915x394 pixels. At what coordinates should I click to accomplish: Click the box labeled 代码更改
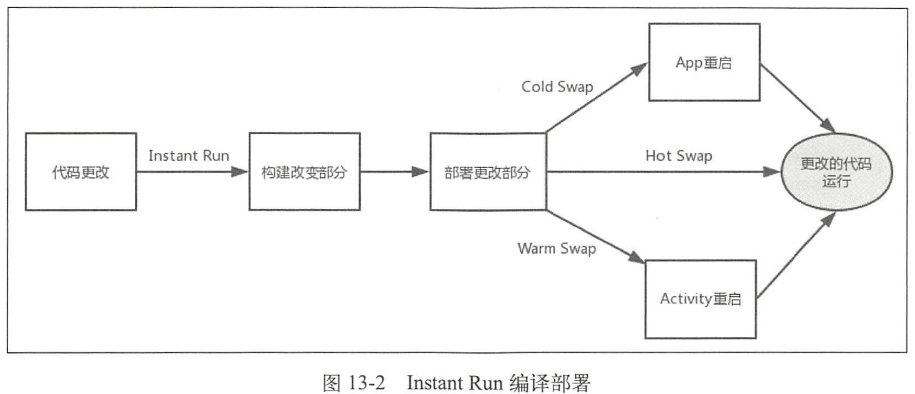tap(81, 172)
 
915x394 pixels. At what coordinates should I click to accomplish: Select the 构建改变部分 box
tap(304, 172)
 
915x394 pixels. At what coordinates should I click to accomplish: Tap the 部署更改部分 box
tap(487, 172)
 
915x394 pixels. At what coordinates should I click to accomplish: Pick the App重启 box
tap(704, 62)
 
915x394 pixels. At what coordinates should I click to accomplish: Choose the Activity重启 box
tap(700, 299)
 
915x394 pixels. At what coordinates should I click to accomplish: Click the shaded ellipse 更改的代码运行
tap(836, 172)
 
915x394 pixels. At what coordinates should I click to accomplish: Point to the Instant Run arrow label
tap(188, 155)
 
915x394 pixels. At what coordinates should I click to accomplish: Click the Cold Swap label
tap(557, 86)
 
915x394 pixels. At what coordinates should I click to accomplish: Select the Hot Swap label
tap(678, 155)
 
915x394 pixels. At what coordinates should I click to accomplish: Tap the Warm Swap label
tap(556, 248)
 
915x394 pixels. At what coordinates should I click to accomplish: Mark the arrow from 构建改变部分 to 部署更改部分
tap(394, 172)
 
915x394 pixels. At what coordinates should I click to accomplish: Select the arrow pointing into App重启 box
tap(597, 98)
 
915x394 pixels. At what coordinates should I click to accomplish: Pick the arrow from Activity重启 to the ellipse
tap(797, 255)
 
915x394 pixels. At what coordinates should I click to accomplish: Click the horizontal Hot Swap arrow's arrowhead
tap(772, 172)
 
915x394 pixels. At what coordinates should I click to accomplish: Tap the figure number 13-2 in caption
tap(366, 383)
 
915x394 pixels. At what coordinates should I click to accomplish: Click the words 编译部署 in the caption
tap(550, 383)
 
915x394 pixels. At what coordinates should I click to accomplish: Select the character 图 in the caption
tap(331, 383)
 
